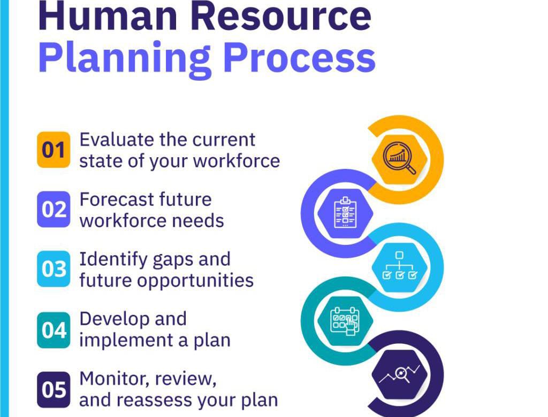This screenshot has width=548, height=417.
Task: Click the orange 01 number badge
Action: [54, 150]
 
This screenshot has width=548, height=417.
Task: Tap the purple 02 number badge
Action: [54, 210]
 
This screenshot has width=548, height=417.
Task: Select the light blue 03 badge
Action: [54, 269]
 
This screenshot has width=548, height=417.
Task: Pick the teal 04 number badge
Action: [54, 330]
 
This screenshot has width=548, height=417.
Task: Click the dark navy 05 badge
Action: [54, 390]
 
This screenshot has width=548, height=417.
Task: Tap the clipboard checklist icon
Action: [345, 213]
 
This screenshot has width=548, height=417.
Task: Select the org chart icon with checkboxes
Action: [399, 266]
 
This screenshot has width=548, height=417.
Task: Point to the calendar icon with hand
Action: [345, 321]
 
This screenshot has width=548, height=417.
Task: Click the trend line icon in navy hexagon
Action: [399, 375]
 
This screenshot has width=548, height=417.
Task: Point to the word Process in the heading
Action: [300, 57]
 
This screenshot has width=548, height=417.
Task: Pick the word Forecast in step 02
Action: [117, 199]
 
